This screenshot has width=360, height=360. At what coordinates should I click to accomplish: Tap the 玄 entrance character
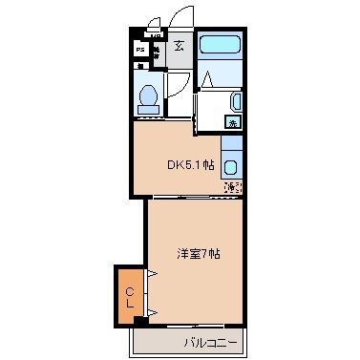[180, 45]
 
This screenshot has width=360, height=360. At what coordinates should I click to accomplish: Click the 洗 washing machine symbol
[233, 123]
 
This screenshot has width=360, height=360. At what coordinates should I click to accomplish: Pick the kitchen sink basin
[231, 166]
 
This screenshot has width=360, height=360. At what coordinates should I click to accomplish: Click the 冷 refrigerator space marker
[232, 187]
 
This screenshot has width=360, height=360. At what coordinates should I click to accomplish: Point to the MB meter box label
[155, 34]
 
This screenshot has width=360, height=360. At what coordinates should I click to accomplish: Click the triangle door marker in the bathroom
[203, 79]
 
